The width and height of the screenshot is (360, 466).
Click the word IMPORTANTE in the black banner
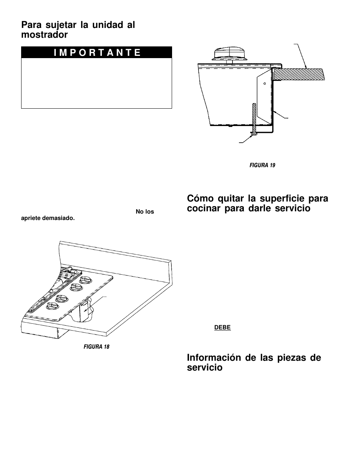(x=97, y=52)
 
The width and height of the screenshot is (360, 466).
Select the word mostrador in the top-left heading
(x=45, y=35)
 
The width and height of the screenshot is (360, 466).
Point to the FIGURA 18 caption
(x=96, y=346)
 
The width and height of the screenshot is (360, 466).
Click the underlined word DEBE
(x=222, y=328)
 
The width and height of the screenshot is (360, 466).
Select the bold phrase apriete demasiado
(x=48, y=218)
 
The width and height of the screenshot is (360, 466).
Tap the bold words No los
(x=145, y=212)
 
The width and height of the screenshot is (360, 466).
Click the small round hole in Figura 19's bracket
(x=265, y=83)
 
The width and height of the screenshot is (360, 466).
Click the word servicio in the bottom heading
(x=205, y=368)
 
